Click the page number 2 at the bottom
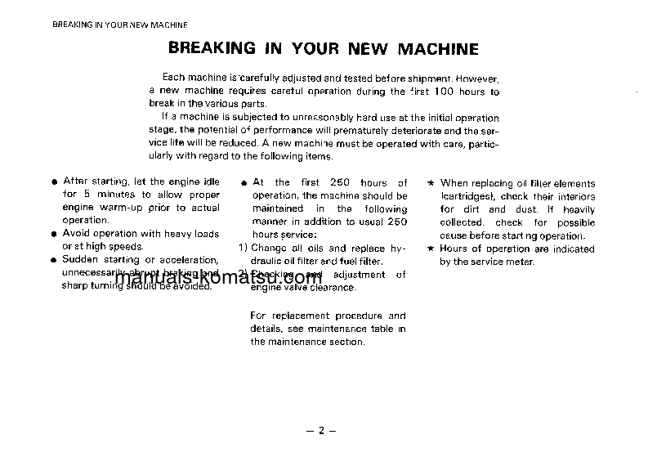point(322,431)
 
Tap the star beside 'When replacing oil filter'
point(431,184)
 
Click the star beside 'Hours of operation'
point(431,249)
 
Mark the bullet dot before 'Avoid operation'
point(53,235)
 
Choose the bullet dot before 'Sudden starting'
point(53,261)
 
